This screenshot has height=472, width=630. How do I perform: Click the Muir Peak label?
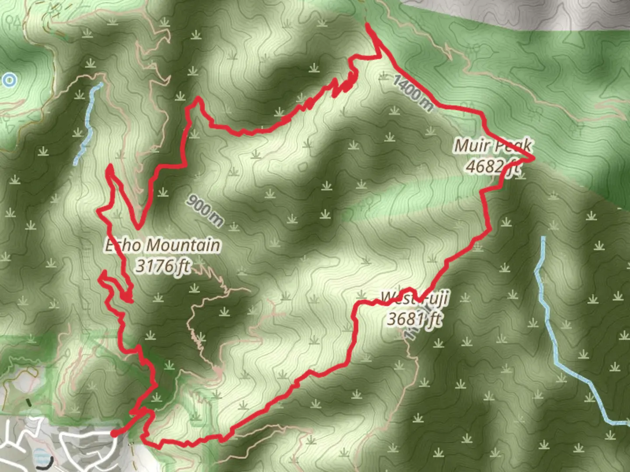pos(493,146)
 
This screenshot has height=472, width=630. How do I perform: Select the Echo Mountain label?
pos(162,245)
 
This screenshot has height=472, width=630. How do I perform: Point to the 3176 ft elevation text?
pos(162,266)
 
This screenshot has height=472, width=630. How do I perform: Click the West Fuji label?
pos(415,298)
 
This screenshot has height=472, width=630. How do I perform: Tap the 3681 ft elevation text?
pos(414,319)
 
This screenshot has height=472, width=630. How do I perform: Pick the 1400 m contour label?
pos(413,93)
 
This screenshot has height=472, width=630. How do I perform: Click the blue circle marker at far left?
pos(9,80)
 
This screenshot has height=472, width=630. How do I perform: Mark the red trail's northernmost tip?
pos(367,25)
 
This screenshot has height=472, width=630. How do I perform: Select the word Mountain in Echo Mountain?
pos(183,245)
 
